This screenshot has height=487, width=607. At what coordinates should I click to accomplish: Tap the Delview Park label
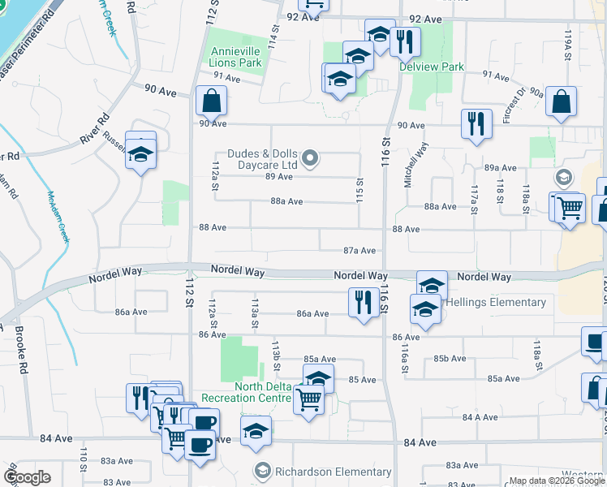coord(431,67)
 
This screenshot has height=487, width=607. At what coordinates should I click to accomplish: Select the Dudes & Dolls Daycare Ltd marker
coord(309,157)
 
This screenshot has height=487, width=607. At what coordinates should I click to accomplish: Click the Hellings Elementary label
coord(494,302)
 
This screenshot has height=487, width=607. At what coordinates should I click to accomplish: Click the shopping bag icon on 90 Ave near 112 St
coord(211,101)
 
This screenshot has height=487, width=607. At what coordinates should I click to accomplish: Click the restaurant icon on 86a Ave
coord(362,302)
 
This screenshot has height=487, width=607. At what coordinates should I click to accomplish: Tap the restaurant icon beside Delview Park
coord(405,41)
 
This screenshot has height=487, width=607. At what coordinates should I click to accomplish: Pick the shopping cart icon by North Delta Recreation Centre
coord(308,399)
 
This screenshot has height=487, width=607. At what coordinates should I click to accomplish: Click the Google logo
coord(27,477)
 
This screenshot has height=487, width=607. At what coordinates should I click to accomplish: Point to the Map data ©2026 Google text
coord(556,481)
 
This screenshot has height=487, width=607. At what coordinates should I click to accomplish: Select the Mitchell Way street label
coord(415,166)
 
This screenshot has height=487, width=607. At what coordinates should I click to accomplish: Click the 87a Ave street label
coord(359,251)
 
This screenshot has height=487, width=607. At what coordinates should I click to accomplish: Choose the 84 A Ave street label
coord(479,417)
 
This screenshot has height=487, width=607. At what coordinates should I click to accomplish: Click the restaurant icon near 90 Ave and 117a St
coord(476,123)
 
